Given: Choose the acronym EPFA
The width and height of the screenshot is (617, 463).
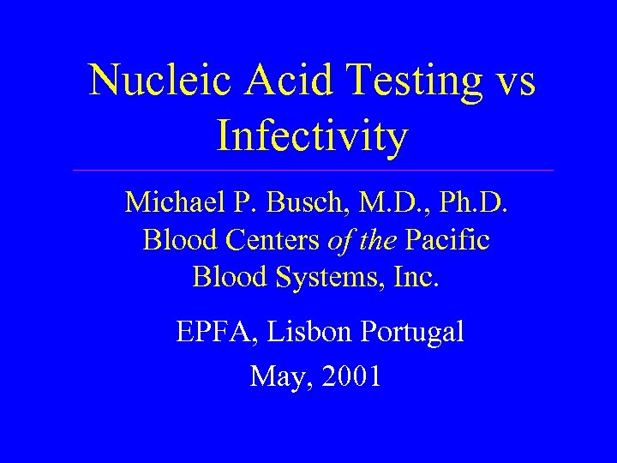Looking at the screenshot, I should [x=207, y=331].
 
